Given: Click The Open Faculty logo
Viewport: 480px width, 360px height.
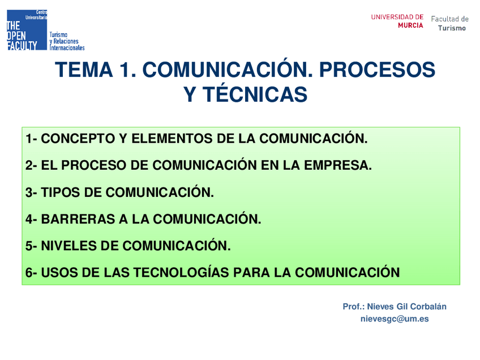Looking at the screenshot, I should coord(27,29).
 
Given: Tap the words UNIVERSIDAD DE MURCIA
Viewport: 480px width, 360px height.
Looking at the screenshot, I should coord(397,21).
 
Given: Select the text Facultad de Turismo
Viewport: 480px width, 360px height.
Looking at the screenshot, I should coord(450,23).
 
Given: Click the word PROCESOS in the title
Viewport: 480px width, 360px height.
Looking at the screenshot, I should coord(377,70).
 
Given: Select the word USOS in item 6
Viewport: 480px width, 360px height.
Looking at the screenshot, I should coord(59,272).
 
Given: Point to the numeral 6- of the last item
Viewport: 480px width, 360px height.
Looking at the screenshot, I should coord(31,272).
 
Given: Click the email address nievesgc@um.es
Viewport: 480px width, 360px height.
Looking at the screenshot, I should coord(395,319).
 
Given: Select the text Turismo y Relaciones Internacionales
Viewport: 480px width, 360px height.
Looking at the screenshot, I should coord(67,41).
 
